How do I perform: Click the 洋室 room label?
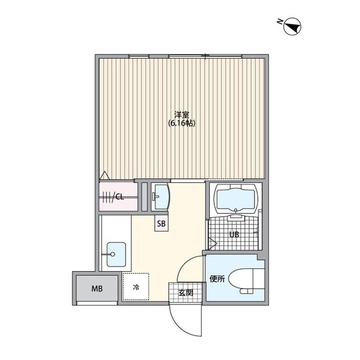coord(181,115)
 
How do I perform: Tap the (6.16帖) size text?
coord(182,124)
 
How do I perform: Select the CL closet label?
coord(119,197)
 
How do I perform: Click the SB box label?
coord(161,223)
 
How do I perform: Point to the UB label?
coord(234,235)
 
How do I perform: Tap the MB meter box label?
coord(97,289)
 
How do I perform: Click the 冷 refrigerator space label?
coord(136,287)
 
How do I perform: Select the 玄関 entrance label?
coord(186,292)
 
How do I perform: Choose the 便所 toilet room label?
coord(217,279)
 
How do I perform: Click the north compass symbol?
coord(292,26)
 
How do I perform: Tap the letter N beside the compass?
coord(280,21)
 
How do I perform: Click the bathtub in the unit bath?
coord(235,199)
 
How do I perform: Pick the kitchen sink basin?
coord(116,254)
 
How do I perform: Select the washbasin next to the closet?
coord(162,197)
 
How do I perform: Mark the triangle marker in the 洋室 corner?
coord(105,175)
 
